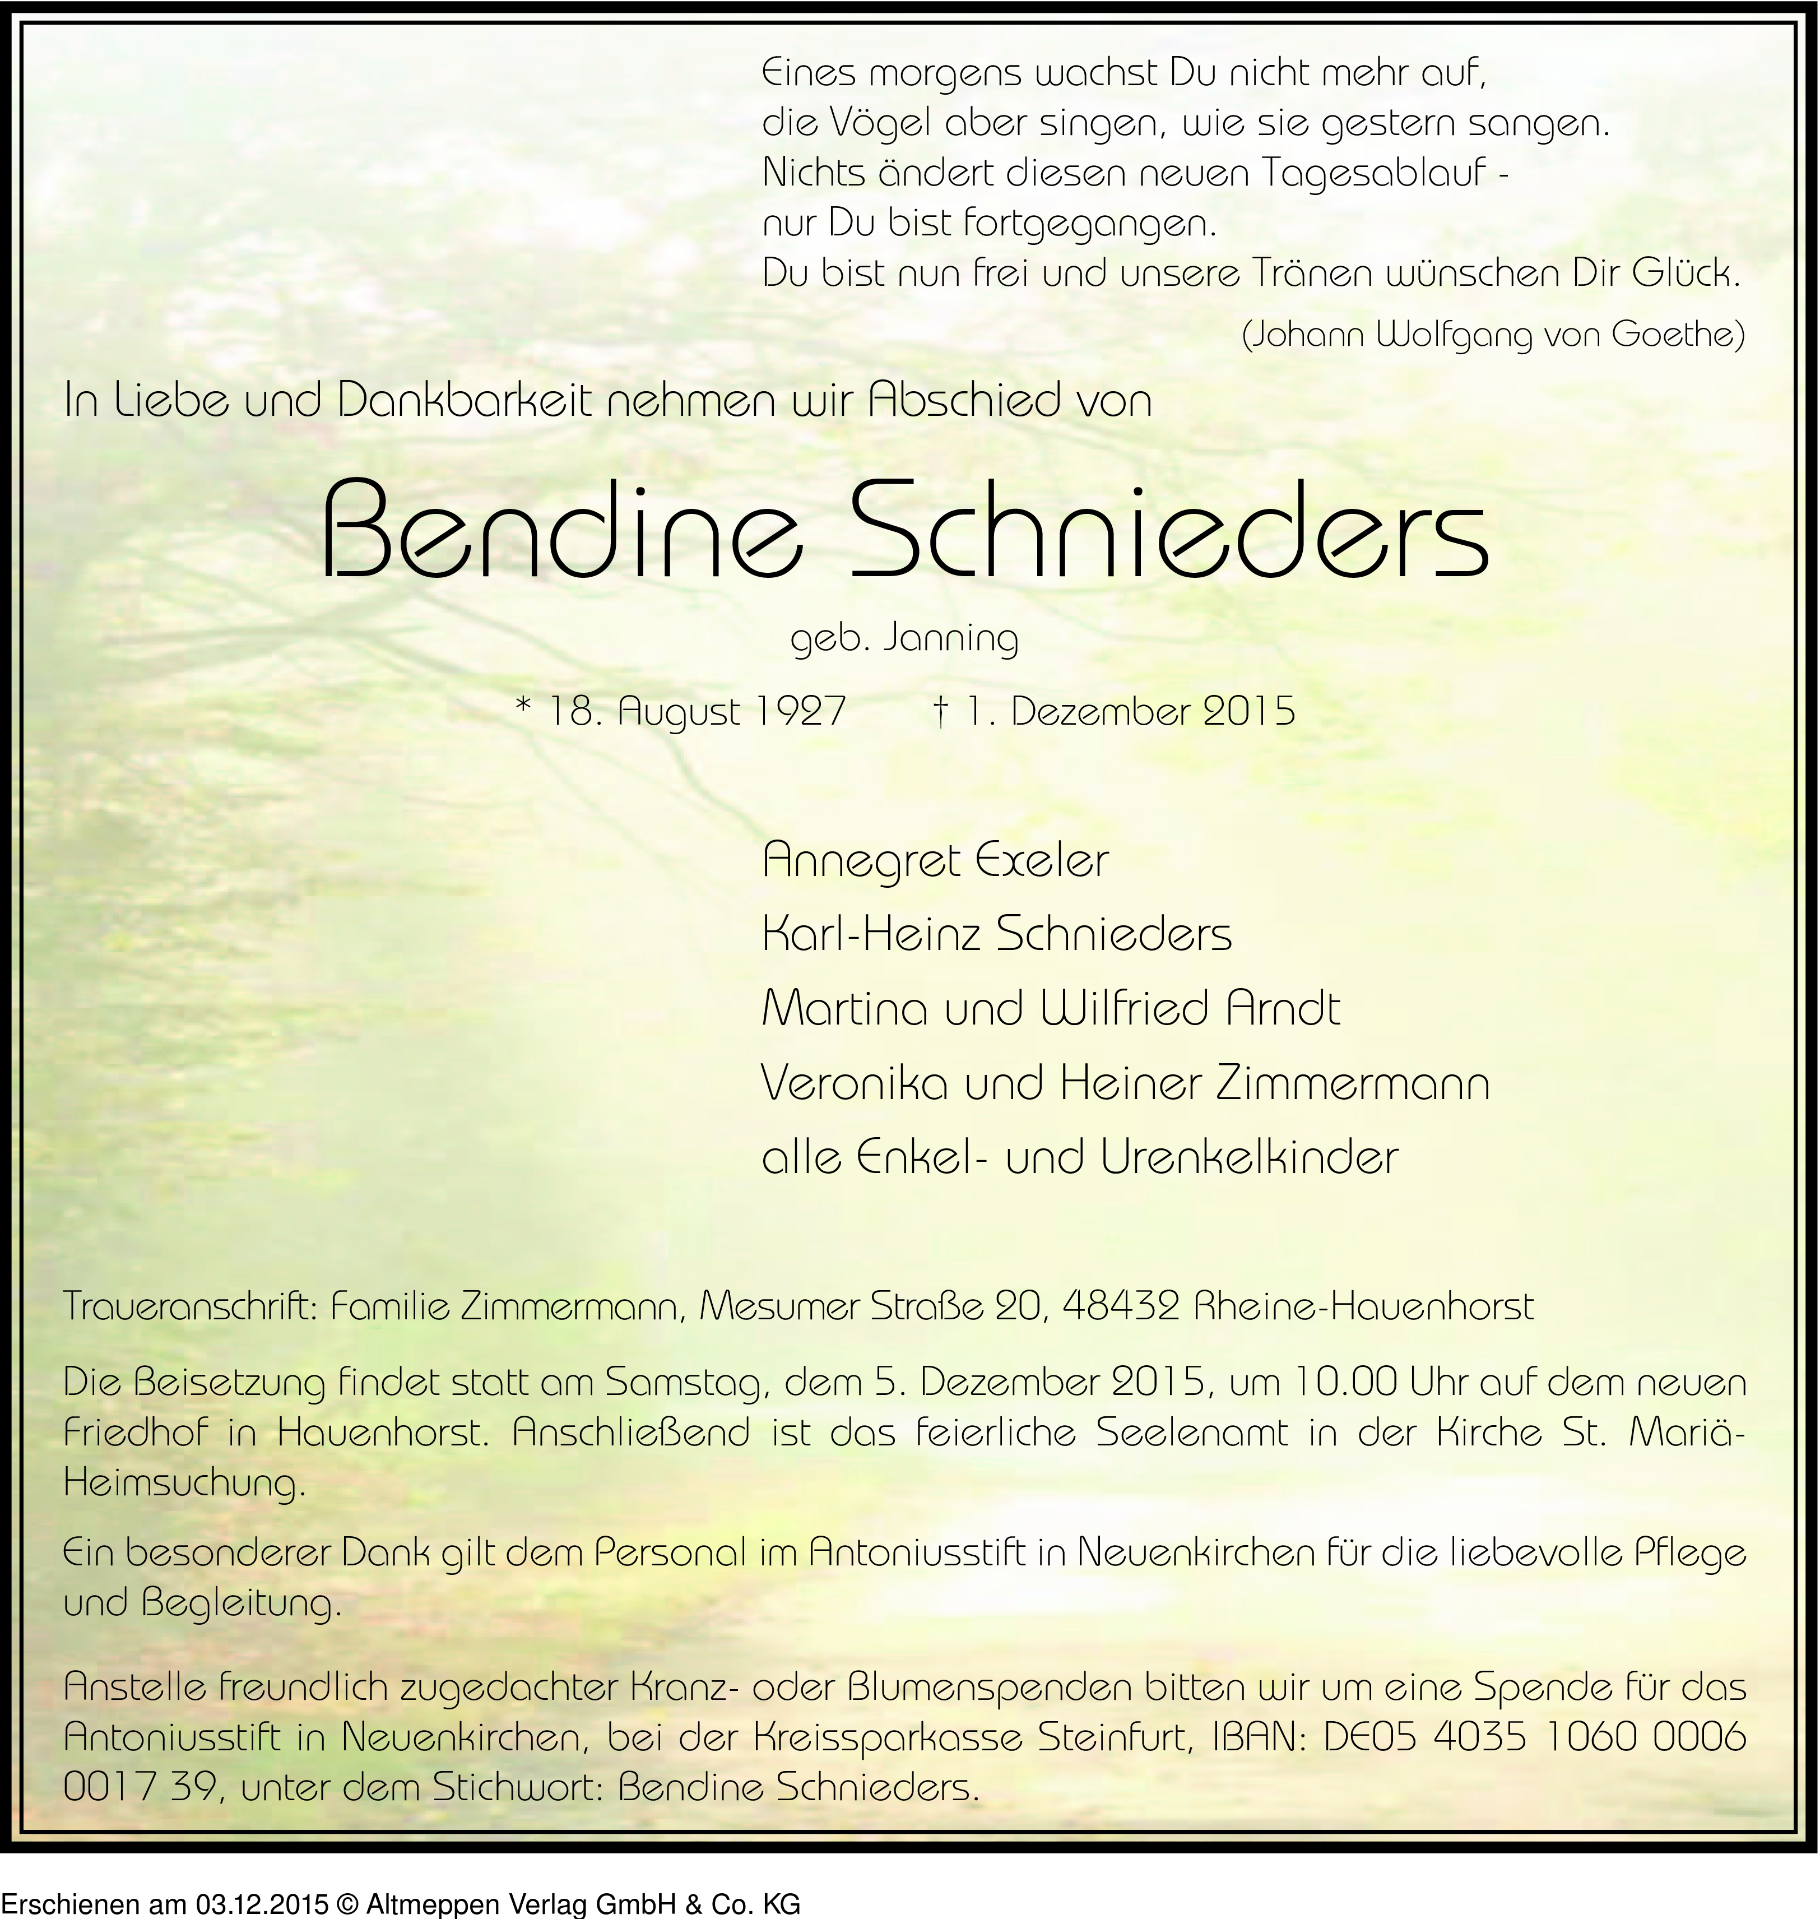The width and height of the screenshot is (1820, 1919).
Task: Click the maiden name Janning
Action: [x=951, y=639]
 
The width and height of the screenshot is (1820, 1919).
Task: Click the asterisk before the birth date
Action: [x=525, y=708]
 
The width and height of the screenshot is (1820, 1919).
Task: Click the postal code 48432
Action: [x=1121, y=1307]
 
